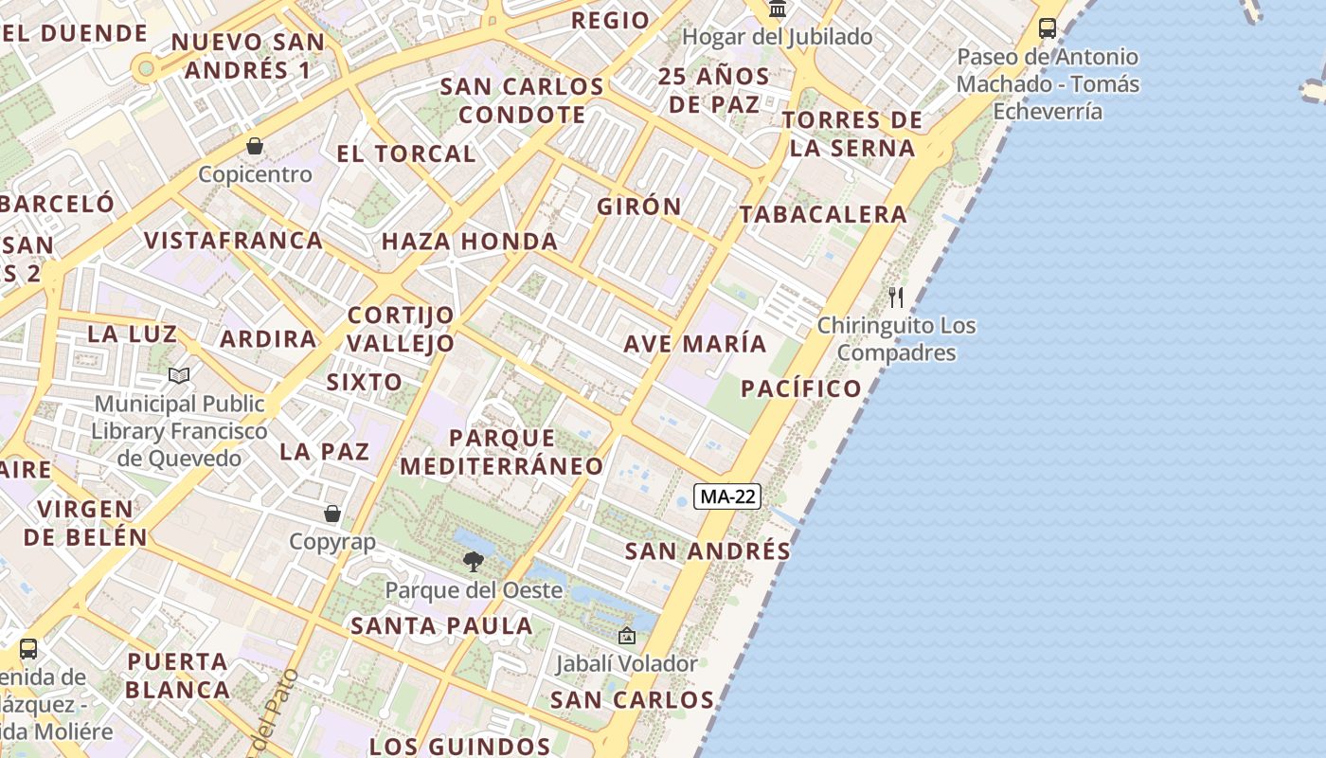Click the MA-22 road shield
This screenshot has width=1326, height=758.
(727, 496)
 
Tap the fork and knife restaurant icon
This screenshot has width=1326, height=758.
(896, 298)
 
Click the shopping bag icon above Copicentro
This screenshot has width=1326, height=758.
(255, 146)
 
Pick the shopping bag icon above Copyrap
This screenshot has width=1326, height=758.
(332, 514)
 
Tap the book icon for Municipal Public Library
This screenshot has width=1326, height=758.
(179, 376)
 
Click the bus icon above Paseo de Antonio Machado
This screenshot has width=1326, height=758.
(1047, 28)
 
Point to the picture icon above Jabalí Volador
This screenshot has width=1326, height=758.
(626, 636)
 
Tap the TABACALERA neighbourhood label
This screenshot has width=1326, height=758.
(823, 215)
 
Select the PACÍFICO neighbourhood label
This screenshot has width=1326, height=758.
(801, 388)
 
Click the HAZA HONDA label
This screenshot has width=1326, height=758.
(470, 242)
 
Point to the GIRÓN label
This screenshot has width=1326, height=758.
(639, 207)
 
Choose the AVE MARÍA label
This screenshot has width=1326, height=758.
(695, 343)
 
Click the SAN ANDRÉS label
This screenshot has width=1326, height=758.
(708, 550)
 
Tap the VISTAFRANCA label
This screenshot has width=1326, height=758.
(234, 241)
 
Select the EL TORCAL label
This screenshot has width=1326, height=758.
(406, 153)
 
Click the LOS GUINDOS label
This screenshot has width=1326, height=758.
(459, 747)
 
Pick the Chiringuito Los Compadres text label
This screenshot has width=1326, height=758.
(896, 339)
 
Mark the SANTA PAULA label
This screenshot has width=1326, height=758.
(441, 625)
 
